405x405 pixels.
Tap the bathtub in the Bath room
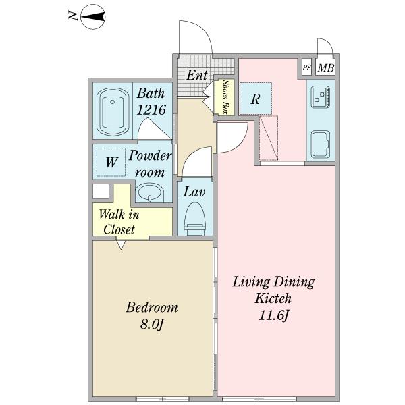click(113, 111)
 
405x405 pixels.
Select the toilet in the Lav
click(194, 219)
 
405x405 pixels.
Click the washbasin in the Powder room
click(150, 192)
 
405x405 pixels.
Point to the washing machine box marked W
click(111, 162)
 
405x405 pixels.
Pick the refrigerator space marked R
click(255, 99)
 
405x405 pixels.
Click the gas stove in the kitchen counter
click(321, 97)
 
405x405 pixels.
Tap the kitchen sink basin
click(321, 144)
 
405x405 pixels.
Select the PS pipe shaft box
click(306, 67)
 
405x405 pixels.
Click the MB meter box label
click(326, 68)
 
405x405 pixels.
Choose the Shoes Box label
click(225, 97)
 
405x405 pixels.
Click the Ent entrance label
click(197, 75)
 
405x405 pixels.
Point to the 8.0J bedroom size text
click(152, 324)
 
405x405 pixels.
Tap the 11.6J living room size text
click(273, 315)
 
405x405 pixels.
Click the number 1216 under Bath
click(151, 110)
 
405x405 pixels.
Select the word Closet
click(119, 230)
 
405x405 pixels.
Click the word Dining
click(294, 282)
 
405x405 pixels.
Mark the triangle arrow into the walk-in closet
click(121, 245)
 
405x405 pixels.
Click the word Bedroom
click(152, 307)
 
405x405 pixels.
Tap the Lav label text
click(194, 192)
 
